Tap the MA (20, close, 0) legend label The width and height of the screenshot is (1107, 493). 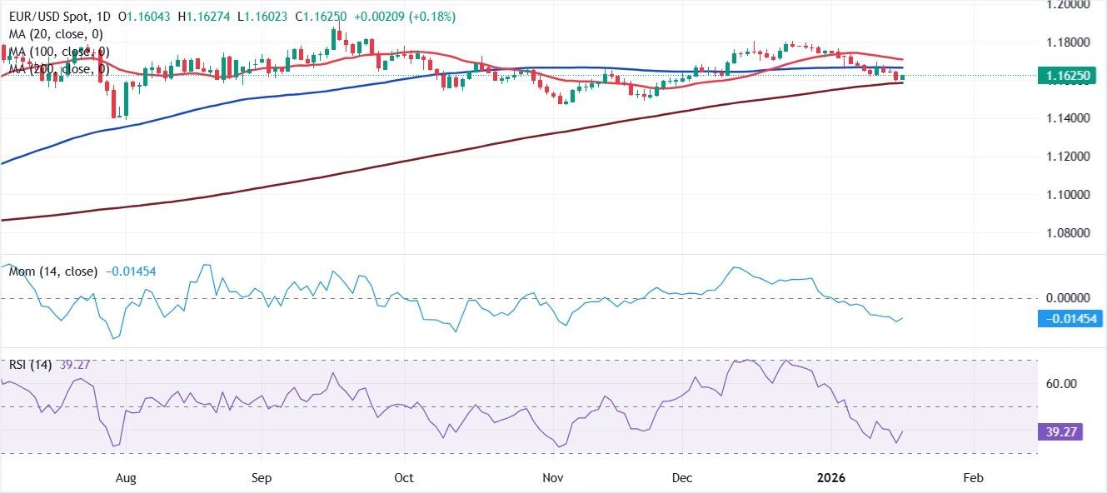pyautogui.click(x=55, y=34)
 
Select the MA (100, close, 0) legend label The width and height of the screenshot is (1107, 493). pyautogui.click(x=58, y=52)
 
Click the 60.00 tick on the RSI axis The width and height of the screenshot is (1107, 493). pyautogui.click(x=1062, y=384)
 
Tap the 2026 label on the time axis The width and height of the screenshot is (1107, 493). pyautogui.click(x=830, y=478)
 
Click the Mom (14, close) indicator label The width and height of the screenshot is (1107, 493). pyautogui.click(x=53, y=271)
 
